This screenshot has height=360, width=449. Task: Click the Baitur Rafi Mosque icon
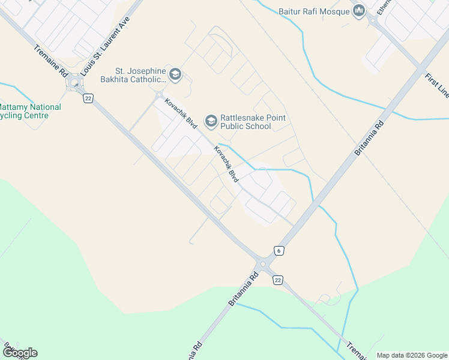pos(359,11)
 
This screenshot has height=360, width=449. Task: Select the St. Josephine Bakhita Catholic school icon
pos(175,74)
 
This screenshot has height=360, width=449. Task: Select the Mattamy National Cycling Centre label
pos(28,111)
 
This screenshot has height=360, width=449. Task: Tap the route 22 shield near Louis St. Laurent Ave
pos(88,98)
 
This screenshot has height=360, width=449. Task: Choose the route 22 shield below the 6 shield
pos(278,280)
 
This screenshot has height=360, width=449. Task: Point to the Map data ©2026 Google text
pos(411,355)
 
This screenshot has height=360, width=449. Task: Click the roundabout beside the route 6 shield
pos(262,264)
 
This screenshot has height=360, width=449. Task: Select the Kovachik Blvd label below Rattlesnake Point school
pos(227,164)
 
